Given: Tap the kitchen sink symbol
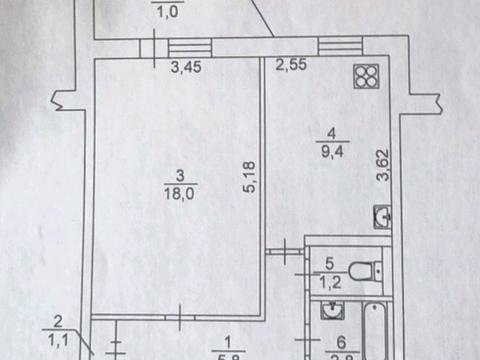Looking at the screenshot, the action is [x=382, y=214].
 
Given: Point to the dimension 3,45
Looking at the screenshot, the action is [x=183, y=69].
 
